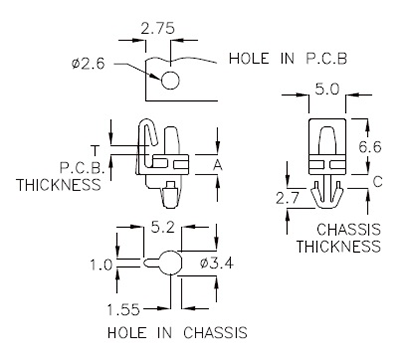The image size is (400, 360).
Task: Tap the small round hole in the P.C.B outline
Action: point(169,79)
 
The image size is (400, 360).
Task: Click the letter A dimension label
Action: point(219,162)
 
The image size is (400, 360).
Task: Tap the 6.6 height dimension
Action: point(370,146)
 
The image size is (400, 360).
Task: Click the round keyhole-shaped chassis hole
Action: point(167,263)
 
